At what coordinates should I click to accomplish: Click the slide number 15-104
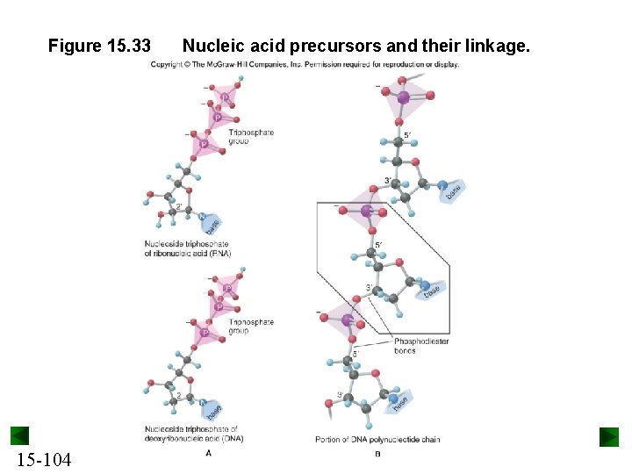pyautogui.click(x=43, y=460)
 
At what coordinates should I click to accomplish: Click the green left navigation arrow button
pyautogui.click(x=20, y=436)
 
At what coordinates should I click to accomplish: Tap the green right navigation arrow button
pyautogui.click(x=609, y=436)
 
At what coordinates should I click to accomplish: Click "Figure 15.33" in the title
pyautogui.click(x=99, y=45)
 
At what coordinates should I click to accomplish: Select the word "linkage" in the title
pyautogui.click(x=499, y=45)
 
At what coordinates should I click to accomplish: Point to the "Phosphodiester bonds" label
pyautogui.click(x=421, y=346)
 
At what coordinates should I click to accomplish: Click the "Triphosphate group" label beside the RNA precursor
pyautogui.click(x=251, y=136)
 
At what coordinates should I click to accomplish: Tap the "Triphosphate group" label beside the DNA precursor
pyautogui.click(x=251, y=327)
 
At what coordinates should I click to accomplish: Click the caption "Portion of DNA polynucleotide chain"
pyautogui.click(x=377, y=439)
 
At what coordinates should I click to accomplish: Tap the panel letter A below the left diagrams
pyautogui.click(x=208, y=453)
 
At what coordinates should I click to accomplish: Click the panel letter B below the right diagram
pyautogui.click(x=377, y=453)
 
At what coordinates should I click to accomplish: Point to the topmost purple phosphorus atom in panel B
pyautogui.click(x=403, y=97)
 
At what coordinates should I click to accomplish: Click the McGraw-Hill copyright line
pyautogui.click(x=305, y=64)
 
